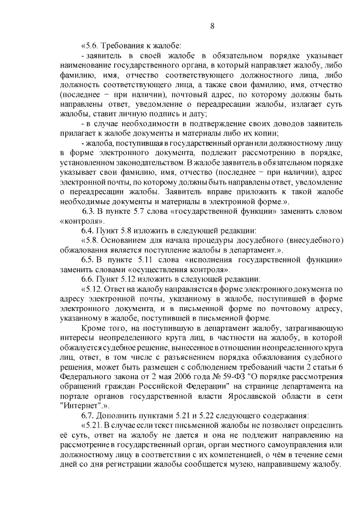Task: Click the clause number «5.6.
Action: pos(91,46)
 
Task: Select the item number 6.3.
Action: pos(90,211)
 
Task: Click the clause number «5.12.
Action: pos(93,289)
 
